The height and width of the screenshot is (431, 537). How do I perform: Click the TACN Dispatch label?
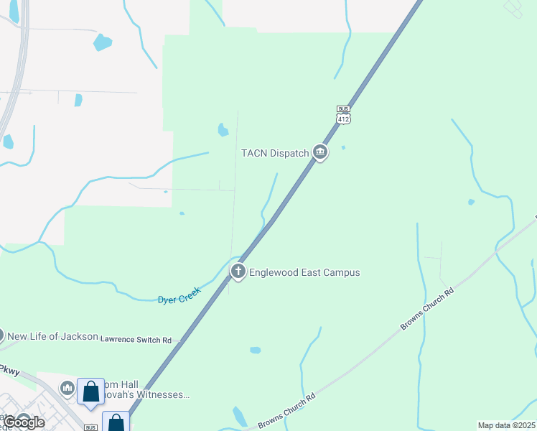(274, 152)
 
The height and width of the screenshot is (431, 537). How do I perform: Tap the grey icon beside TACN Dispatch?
(320, 152)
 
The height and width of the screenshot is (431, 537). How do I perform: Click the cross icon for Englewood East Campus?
(238, 272)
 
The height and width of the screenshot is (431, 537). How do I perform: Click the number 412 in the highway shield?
(344, 119)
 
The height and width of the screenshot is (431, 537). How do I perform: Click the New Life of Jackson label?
(52, 335)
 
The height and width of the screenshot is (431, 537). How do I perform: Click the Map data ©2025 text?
(505, 425)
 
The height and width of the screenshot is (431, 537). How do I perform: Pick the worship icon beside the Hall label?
(67, 388)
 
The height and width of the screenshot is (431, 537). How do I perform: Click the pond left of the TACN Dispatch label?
(223, 130)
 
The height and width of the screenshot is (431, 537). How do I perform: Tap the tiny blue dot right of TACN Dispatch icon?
(343, 148)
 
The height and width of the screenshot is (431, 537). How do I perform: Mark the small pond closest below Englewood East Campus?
(254, 350)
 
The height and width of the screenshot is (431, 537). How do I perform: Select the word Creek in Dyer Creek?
(189, 291)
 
